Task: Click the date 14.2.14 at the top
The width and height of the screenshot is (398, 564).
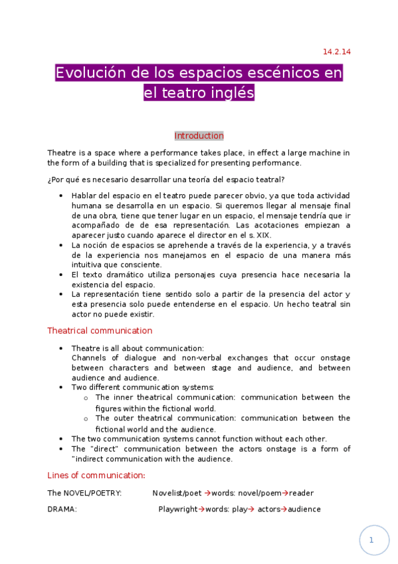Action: pos(337,51)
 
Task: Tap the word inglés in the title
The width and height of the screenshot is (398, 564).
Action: pos(233,93)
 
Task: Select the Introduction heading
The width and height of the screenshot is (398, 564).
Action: pos(199,136)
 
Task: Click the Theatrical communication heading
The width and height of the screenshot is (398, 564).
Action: pos(100,331)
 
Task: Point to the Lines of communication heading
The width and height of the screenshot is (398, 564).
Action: pos(96,476)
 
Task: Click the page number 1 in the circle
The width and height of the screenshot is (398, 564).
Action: pos(372,540)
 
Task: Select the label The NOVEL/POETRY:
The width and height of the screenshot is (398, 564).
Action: pos(84,493)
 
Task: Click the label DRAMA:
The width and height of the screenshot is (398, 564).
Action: pos(62,509)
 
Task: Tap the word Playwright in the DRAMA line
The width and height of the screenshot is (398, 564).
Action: pos(177,509)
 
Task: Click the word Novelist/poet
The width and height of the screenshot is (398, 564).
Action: pos(177,493)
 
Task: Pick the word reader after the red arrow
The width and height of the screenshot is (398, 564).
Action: pos(301,493)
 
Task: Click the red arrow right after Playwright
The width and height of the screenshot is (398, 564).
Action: pos(201,509)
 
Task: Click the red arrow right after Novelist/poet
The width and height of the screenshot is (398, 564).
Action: pos(207,493)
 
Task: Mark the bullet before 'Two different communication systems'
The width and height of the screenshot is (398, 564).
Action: pos(61,387)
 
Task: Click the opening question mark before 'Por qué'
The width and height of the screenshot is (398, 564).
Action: pos(49,180)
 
